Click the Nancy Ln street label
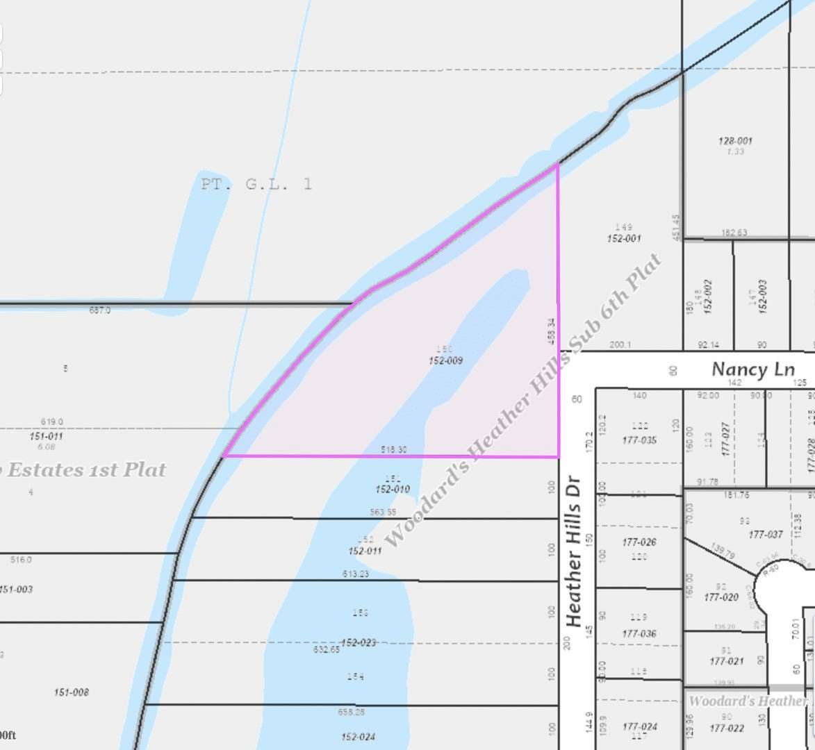click(x=753, y=369)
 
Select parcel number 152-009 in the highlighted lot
click(x=445, y=361)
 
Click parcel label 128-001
click(x=735, y=141)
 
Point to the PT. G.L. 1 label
click(x=256, y=185)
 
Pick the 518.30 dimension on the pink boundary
click(x=393, y=450)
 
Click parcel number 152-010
click(x=393, y=490)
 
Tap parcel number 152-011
click(x=365, y=551)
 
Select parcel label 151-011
click(x=47, y=436)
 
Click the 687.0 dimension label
click(x=99, y=310)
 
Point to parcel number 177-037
click(x=766, y=535)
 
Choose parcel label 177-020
click(x=721, y=597)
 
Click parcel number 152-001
click(x=623, y=238)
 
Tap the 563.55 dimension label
click(x=383, y=512)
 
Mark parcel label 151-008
click(x=72, y=692)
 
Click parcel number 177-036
click(x=639, y=633)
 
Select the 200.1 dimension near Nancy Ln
click(x=620, y=344)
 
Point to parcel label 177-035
click(x=639, y=440)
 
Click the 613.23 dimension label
click(x=355, y=574)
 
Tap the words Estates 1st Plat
click(x=87, y=470)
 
